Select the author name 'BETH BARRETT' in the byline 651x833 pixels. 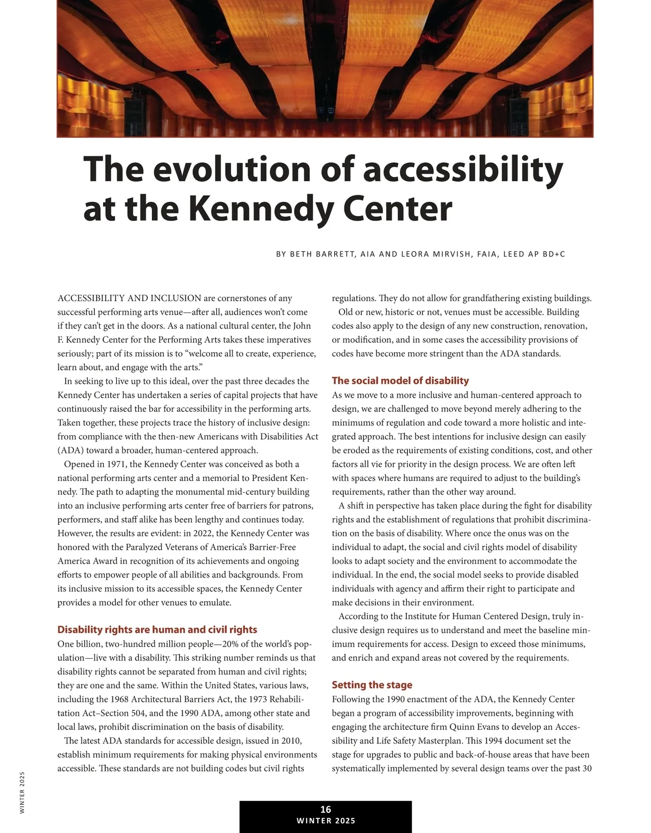point(320,254)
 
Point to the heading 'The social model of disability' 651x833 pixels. point(400,380)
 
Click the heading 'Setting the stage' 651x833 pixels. point(372,685)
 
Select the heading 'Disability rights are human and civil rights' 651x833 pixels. point(157,629)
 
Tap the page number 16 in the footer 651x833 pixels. point(325,809)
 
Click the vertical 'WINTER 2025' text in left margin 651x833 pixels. point(22,792)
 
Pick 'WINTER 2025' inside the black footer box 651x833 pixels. point(325,821)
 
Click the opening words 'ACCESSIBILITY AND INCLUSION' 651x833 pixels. point(129,298)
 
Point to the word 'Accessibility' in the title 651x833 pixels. point(463,169)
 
